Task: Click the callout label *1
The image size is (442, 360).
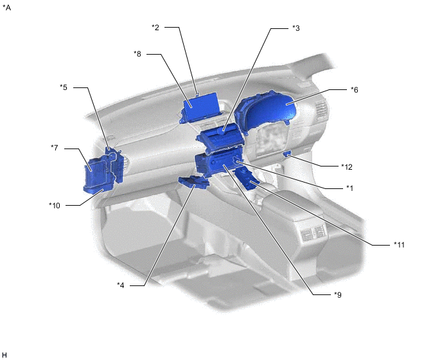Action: click(349, 188)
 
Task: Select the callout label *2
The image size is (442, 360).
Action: click(155, 28)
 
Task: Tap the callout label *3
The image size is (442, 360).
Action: click(296, 28)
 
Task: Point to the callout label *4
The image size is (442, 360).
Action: click(121, 285)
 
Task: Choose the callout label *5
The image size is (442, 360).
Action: click(64, 87)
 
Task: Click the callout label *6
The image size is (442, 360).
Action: click(355, 90)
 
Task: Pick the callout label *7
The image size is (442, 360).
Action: click(55, 148)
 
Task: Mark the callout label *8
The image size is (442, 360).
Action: click(137, 54)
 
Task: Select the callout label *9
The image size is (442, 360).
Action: click(338, 295)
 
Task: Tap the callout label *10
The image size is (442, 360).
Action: click(55, 206)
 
